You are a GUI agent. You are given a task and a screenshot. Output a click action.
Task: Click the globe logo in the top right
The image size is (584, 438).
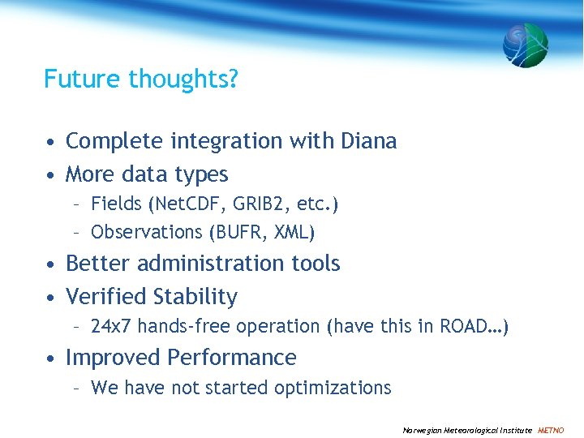point(525,45)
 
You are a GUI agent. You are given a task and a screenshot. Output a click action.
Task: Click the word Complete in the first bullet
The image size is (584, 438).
point(115,141)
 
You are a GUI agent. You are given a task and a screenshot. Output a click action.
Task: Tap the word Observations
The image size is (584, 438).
point(147,232)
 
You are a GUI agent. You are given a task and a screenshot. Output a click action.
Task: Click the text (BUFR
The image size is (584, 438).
point(233,232)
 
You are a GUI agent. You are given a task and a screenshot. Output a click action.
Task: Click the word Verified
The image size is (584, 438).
point(104,297)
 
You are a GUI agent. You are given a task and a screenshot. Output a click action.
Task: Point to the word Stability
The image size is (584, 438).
point(193,297)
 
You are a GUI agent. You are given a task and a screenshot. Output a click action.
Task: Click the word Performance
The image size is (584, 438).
point(232,358)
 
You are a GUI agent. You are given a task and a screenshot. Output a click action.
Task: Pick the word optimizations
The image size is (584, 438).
point(333,389)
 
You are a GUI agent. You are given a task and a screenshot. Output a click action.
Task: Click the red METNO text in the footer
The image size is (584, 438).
point(552,430)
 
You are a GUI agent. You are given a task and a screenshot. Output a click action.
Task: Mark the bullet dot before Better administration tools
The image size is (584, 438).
point(50,264)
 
